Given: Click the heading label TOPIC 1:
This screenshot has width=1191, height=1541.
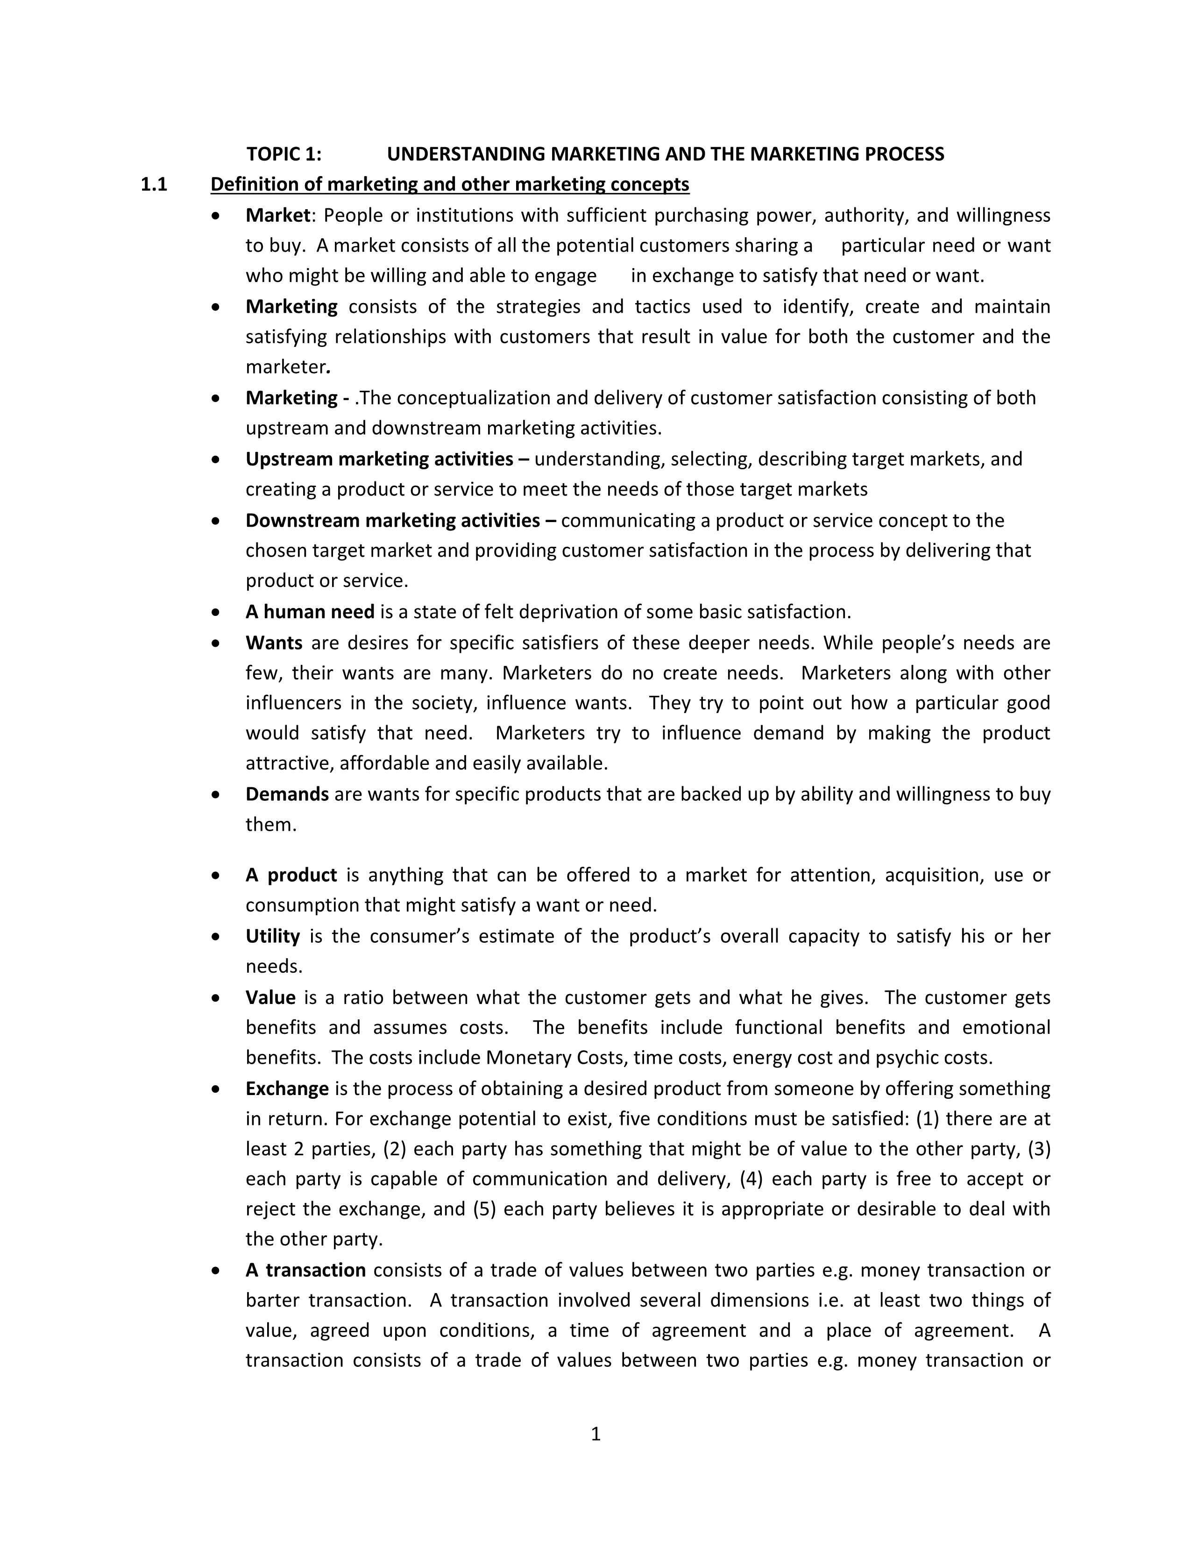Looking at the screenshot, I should pyautogui.click(x=284, y=154).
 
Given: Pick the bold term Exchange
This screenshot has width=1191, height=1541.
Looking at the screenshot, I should pyautogui.click(x=286, y=1089).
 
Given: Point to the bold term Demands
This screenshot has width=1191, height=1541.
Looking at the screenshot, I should pyautogui.click(x=286, y=794).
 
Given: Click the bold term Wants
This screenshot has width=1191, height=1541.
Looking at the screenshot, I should pyautogui.click(x=274, y=643).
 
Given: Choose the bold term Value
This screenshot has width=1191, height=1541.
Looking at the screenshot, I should pyautogui.click(x=270, y=998).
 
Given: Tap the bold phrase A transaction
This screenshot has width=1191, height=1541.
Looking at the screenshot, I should pyautogui.click(x=305, y=1270).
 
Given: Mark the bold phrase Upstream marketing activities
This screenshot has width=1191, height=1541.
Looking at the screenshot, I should pyautogui.click(x=379, y=459).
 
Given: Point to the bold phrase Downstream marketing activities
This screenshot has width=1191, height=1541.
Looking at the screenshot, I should pyautogui.click(x=392, y=521).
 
